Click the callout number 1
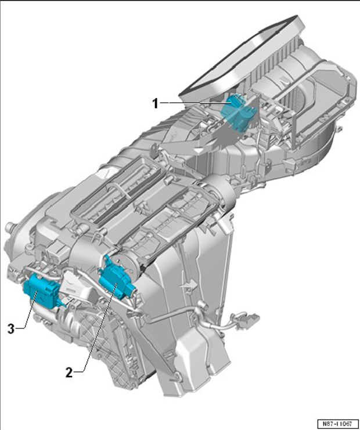point(156,104)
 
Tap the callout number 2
point(70,373)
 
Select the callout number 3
point(10,328)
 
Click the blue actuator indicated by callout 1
point(238,111)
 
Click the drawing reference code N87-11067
point(339,424)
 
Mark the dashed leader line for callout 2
point(99,329)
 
